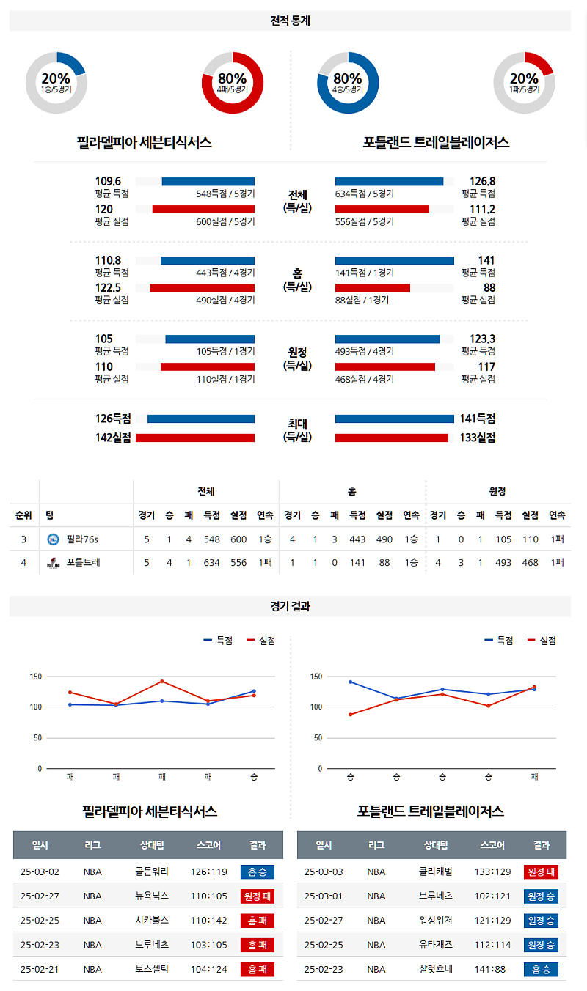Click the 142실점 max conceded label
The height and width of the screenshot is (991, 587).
coord(112,438)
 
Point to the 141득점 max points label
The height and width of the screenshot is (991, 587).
coord(477,419)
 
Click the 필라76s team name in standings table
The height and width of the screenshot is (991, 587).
coord(81,539)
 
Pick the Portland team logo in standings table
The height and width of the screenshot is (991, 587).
coord(53,563)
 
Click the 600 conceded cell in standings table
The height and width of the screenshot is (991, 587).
coord(238,539)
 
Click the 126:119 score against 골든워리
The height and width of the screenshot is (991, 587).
coord(208,872)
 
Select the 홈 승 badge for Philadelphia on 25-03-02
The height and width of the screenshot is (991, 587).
coord(257,872)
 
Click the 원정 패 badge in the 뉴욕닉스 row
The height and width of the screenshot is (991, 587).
coord(257,896)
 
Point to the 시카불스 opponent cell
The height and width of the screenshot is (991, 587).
coord(152,920)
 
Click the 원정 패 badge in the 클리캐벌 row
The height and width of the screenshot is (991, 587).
coord(541,872)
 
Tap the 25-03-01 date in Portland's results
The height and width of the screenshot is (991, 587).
coord(323,896)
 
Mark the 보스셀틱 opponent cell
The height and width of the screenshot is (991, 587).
coord(152,968)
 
